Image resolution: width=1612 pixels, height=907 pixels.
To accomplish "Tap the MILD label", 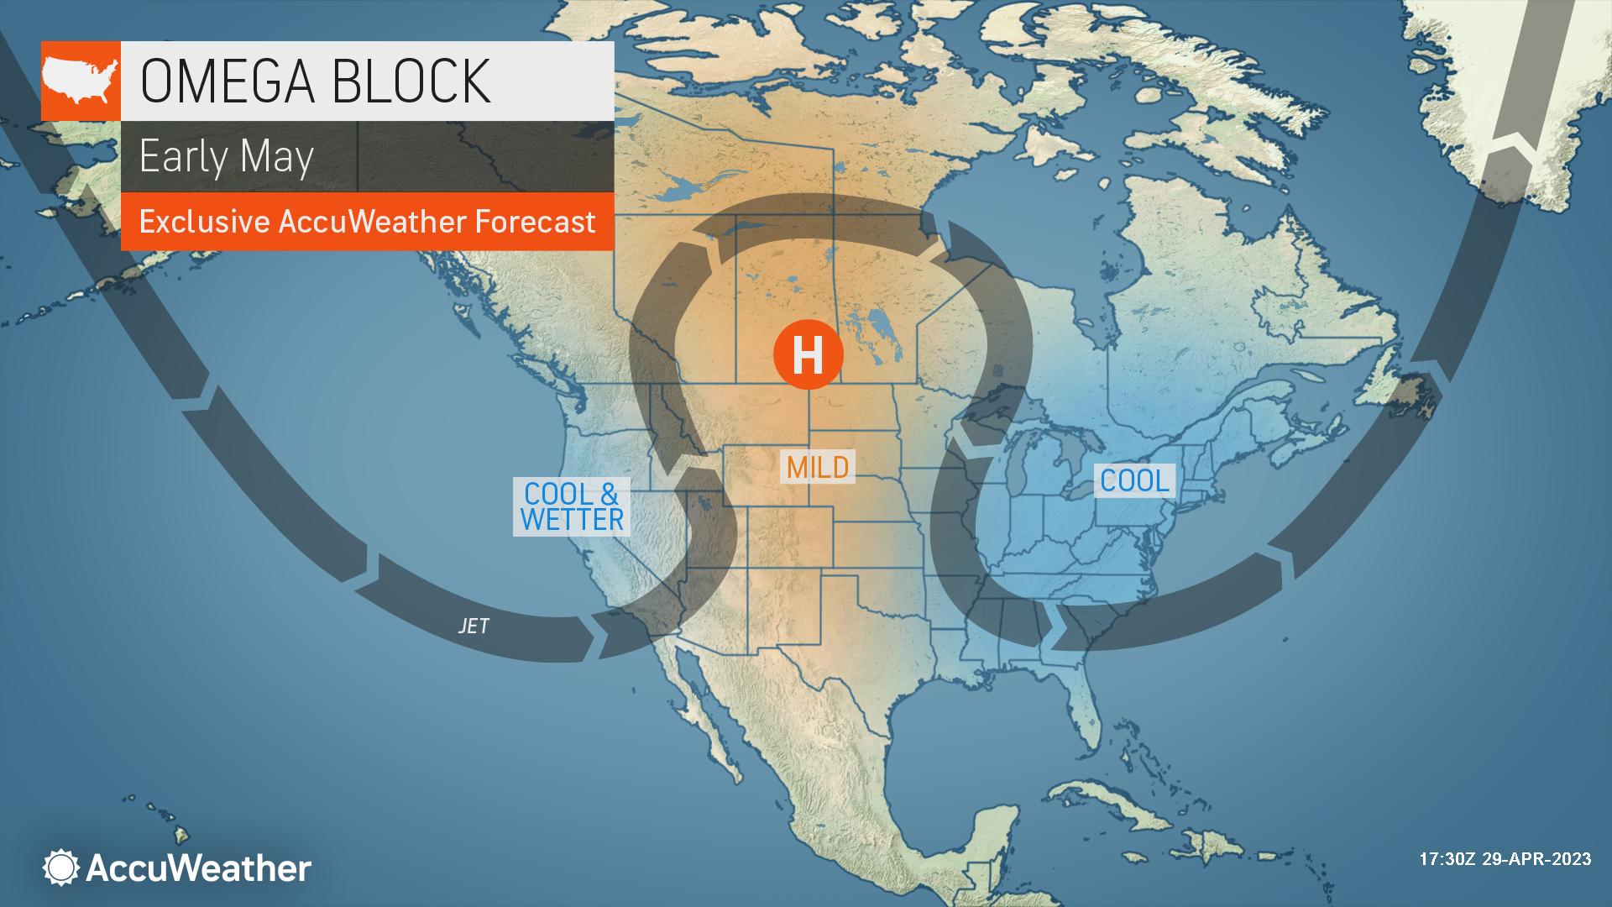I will pyautogui.click(x=818, y=466).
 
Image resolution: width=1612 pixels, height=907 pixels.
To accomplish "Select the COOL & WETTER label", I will pyautogui.click(x=571, y=506).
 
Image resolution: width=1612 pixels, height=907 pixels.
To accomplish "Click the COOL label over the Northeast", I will pyautogui.click(x=1134, y=480).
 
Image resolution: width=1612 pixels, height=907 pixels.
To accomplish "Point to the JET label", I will pyautogui.click(x=474, y=626).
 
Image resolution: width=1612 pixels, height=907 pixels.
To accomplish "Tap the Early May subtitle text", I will pyautogui.click(x=227, y=157).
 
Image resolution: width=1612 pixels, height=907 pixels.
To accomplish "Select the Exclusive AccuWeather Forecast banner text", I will pyautogui.click(x=367, y=222).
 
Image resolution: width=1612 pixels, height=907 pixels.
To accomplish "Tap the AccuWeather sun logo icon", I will pyautogui.click(x=60, y=868).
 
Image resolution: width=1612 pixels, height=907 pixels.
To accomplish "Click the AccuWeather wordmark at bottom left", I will pyautogui.click(x=199, y=868).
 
